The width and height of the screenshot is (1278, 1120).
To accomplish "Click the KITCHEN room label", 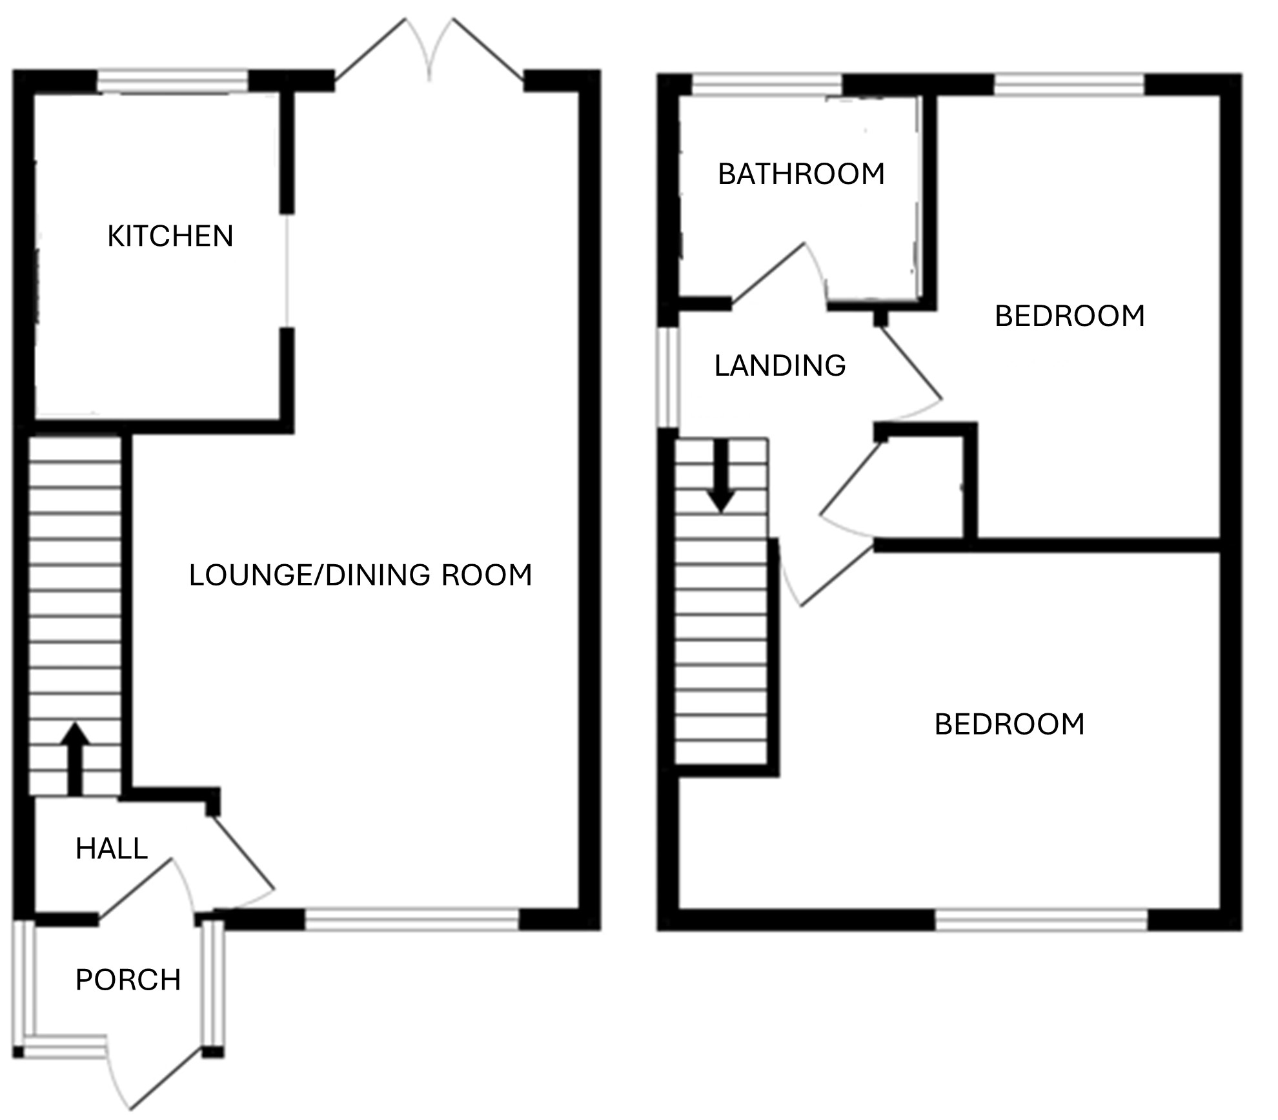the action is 170,236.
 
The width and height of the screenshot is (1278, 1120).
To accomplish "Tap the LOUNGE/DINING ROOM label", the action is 360,575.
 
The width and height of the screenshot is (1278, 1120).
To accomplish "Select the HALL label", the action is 112,848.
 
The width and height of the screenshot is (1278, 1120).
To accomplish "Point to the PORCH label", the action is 128,980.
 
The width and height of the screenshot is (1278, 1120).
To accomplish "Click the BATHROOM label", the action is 801,174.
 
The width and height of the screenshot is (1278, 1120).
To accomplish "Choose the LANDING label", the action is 780,366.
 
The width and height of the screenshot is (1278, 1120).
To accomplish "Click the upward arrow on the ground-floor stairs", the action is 76,759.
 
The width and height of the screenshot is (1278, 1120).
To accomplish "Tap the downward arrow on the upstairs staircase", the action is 721,476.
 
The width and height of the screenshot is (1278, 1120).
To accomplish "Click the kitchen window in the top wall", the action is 172,82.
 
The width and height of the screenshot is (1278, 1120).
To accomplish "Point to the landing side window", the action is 669,378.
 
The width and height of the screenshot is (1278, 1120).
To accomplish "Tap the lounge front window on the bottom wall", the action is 412,919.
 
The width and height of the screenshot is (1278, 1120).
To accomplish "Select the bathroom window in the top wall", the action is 767,85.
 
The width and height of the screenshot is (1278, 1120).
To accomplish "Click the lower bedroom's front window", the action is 1042,919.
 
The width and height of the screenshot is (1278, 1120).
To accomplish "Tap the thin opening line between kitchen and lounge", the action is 287,271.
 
